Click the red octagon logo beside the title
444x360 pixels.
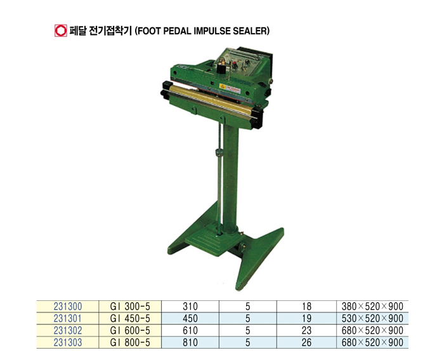tap(61, 30)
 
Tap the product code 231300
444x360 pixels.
tap(68, 307)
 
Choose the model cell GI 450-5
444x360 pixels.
tap(130, 318)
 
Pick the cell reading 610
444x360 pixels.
tap(190, 331)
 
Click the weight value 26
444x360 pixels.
tap(306, 342)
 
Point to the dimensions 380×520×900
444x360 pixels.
tap(372, 307)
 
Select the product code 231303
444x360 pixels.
tap(68, 342)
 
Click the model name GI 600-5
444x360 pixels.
tap(130, 331)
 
